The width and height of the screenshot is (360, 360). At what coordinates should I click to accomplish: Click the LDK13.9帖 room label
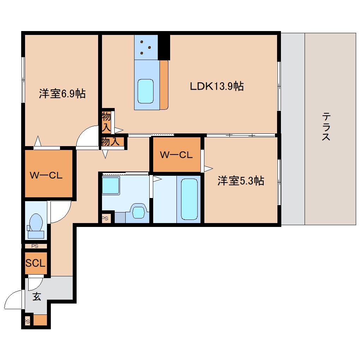pos(217,86)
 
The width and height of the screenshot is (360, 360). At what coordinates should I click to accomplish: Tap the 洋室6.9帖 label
pos(62,94)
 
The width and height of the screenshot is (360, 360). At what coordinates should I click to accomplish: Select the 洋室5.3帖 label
pos(241,181)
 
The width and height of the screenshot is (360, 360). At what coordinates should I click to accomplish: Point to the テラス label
pos(326,126)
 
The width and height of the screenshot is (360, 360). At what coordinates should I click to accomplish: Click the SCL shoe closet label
pos(35,263)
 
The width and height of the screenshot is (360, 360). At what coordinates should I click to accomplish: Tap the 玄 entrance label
pos(37,296)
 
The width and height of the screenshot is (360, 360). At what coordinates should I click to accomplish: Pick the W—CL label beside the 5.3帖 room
pos(176,155)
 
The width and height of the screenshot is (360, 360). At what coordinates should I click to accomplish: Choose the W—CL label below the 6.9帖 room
pos(46,176)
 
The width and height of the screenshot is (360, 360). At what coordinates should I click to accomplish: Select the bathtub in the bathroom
pos(189,199)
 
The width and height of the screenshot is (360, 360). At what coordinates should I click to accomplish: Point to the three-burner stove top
pos(146,47)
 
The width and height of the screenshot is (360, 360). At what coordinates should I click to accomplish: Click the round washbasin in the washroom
pos(138,211)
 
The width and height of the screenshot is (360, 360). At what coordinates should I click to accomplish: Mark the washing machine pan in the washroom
pos(111,186)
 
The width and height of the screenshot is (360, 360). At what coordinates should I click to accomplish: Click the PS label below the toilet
pos(35,246)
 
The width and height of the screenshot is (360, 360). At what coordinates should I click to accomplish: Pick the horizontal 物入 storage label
pos(110,141)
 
